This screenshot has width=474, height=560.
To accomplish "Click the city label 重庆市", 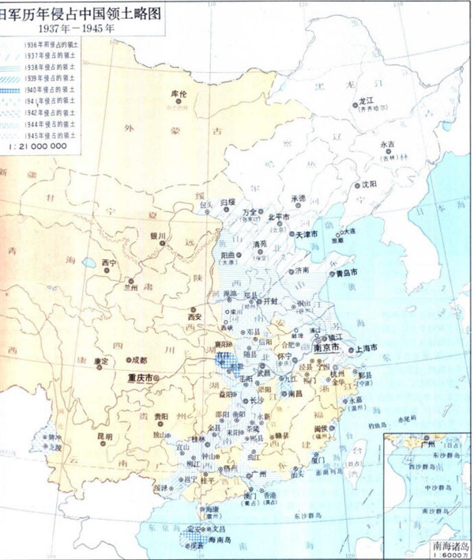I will pyautogui.click(x=139, y=378).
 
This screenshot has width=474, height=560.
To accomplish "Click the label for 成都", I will pyautogui.click(x=139, y=360).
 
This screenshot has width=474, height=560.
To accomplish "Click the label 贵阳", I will pyautogui.click(x=161, y=415).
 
